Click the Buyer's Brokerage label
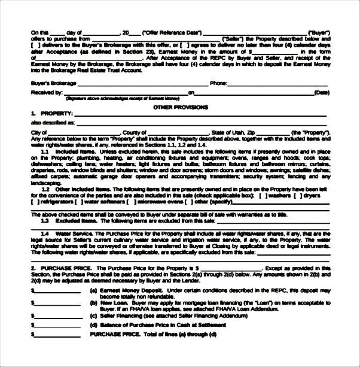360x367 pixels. (x=53, y=83)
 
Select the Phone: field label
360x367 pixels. (x=218, y=83)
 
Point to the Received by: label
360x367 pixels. (x=47, y=93)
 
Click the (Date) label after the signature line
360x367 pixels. (x=321, y=93)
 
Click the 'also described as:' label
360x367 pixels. (x=53, y=122)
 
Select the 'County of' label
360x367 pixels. (x=135, y=132)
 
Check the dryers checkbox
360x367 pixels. (x=300, y=195)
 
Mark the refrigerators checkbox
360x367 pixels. (x=35, y=201)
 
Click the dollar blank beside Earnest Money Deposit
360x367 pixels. (x=57, y=292)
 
